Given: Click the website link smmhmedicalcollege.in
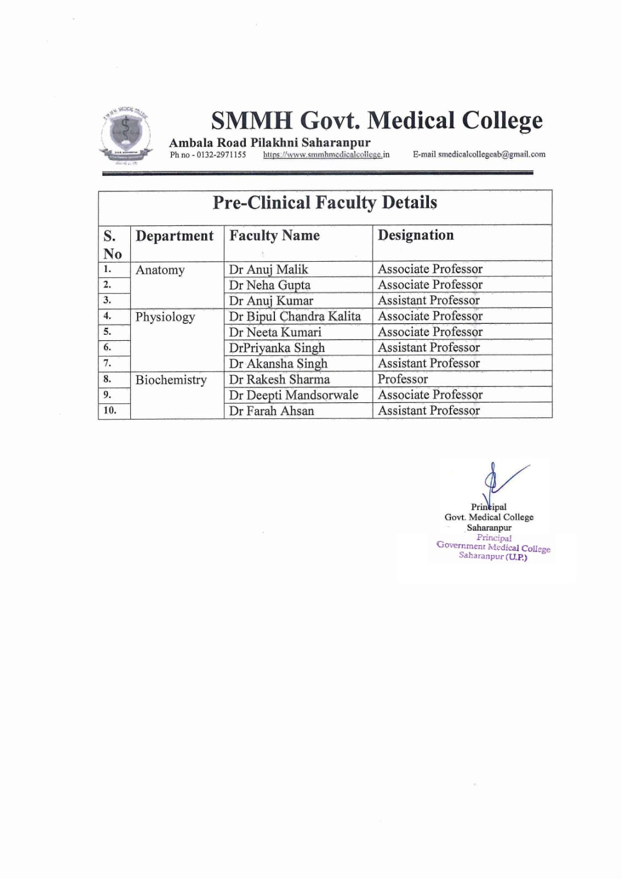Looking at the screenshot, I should point(326,155).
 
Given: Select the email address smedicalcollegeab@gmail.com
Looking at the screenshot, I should point(492,154).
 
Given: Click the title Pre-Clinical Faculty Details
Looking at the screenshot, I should point(324,203).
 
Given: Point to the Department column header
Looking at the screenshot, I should point(174,236).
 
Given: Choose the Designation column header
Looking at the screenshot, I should point(416,235).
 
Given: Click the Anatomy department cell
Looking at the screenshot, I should point(160,270).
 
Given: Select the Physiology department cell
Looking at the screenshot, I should point(165,317).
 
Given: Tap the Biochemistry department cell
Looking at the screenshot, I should point(171,380).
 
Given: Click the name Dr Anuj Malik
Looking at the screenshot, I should point(268,269).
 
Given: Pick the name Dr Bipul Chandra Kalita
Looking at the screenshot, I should point(295,317).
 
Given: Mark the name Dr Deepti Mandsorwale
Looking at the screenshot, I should point(294,395).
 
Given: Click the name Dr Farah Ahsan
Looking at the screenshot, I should point(272,411).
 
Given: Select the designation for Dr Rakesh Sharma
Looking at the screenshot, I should point(403,379).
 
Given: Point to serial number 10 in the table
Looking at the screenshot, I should point(110,411).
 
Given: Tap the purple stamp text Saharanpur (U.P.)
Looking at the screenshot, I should point(493,556).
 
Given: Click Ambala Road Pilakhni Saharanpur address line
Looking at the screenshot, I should point(269,143).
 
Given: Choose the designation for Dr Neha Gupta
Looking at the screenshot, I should point(430,285).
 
